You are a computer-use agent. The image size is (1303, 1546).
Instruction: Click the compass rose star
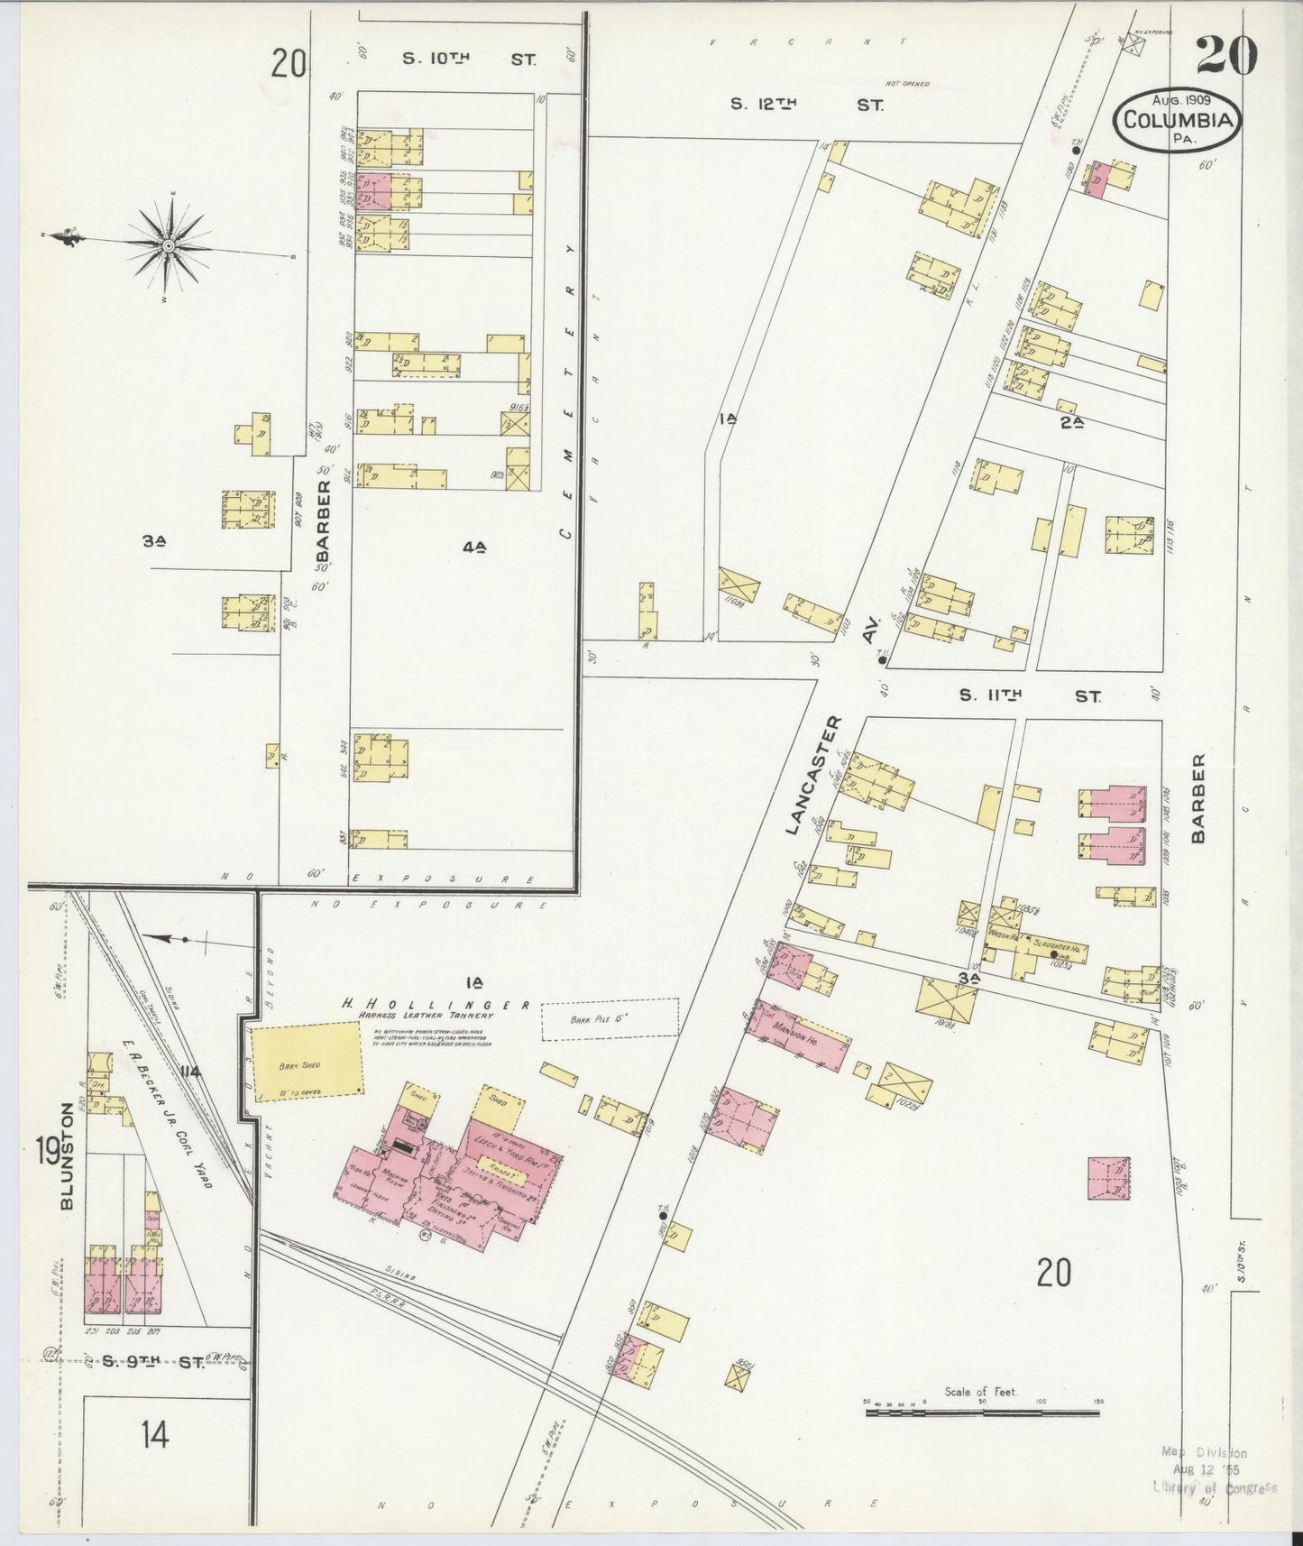pyautogui.click(x=169, y=244)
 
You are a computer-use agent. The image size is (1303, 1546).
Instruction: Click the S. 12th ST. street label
pyautogui.click(x=806, y=105)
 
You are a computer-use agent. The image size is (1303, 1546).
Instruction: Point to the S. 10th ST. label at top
pyautogui.click(x=468, y=60)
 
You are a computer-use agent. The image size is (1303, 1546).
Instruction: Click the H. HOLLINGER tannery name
pyautogui.click(x=436, y=1005)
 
